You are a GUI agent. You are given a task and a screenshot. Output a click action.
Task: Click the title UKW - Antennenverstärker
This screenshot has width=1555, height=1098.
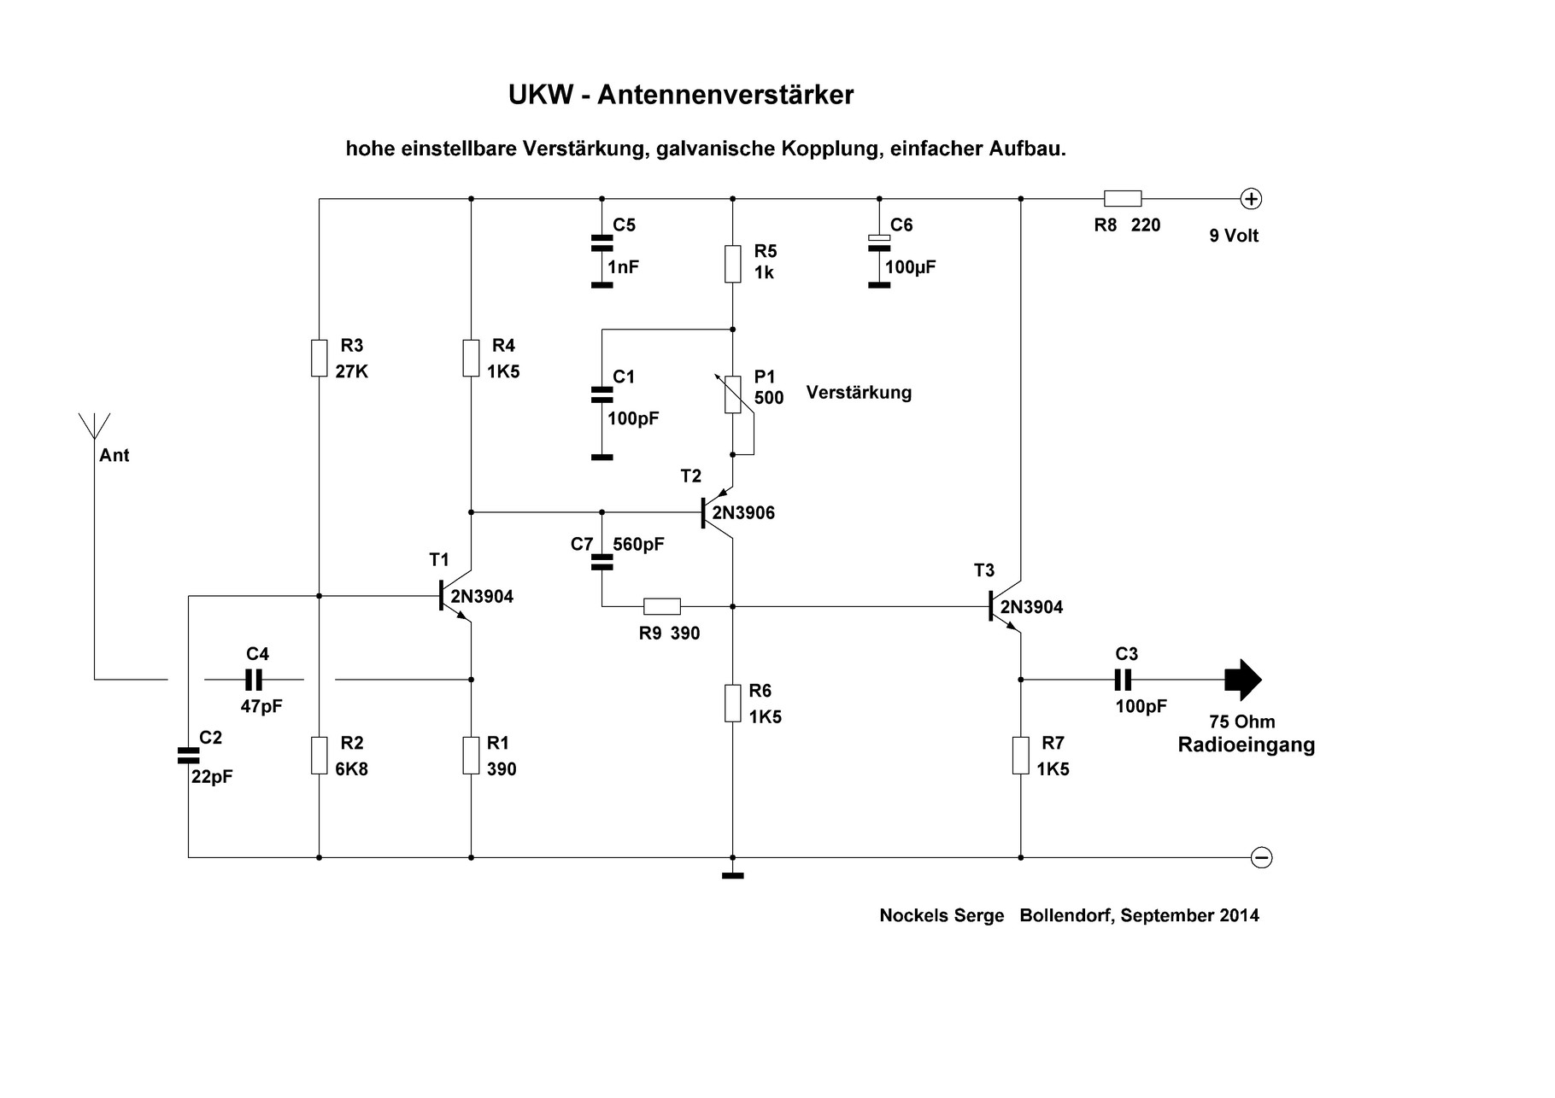680,95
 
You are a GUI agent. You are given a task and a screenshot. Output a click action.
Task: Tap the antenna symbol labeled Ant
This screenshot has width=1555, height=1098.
94,427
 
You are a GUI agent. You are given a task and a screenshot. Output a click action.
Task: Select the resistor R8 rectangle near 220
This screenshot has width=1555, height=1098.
1122,199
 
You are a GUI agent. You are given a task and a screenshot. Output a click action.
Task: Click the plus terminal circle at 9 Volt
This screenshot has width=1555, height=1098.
1251,199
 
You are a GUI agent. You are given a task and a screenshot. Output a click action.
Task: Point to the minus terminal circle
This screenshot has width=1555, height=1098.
1261,857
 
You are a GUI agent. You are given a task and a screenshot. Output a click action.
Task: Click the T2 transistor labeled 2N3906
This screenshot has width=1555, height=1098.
716,513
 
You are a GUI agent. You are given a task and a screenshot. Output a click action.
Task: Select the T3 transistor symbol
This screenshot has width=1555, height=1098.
1005,606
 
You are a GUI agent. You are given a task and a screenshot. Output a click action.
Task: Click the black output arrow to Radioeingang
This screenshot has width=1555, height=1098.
1242,680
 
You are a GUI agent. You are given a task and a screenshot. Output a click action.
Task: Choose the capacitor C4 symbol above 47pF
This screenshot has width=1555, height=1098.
254,680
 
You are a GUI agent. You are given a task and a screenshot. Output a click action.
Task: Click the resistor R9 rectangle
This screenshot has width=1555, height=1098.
661,606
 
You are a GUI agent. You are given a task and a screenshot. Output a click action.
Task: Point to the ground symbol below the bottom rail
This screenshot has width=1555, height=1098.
732,875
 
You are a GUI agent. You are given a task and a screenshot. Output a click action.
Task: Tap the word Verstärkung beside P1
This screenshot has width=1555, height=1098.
859,393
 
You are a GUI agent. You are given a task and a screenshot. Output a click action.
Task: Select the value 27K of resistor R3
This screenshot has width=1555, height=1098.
352,372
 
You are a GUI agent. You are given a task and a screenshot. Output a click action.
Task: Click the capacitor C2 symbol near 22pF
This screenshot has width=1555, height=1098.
188,755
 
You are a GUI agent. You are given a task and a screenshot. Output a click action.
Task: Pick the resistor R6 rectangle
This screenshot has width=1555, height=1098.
732,703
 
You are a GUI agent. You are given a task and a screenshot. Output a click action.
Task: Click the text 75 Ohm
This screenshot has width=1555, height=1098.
1241,721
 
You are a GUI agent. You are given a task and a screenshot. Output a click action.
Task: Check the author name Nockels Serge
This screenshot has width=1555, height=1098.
942,915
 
